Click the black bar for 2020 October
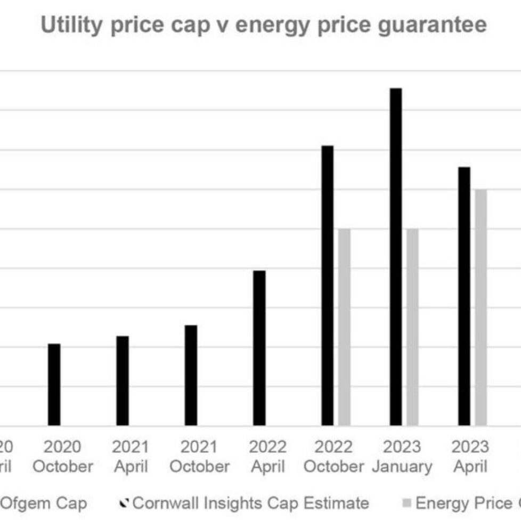(x=54, y=385)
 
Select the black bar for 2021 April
(x=123, y=381)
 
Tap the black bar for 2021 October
(x=191, y=375)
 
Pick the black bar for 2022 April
(x=259, y=348)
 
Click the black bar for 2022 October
(x=328, y=286)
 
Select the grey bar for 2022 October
(x=344, y=327)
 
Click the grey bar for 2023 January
(x=412, y=327)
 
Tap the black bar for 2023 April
(x=465, y=296)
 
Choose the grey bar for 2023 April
(x=481, y=307)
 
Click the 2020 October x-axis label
(x=63, y=457)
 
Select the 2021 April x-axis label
(x=131, y=457)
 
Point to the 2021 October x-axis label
(x=199, y=457)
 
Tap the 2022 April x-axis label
(x=268, y=457)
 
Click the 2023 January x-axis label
(x=402, y=457)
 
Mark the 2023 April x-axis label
(x=470, y=457)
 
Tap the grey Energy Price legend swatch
(x=407, y=503)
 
